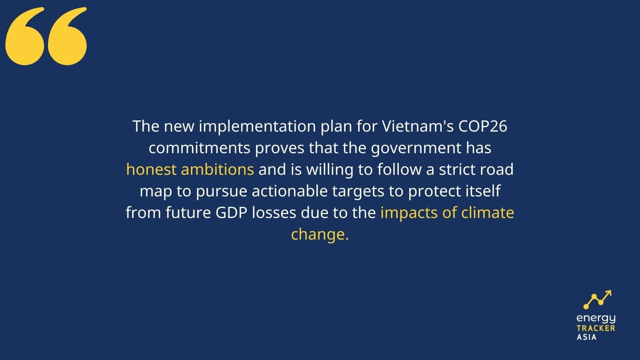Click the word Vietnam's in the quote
418,126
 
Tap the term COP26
483,126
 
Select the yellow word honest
151,169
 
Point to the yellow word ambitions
218,169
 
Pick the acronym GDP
232,212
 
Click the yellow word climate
488,212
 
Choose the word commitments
200,148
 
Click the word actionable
290,191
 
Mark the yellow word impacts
409,213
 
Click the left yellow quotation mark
25,36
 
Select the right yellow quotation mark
67,36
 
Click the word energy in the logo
596,318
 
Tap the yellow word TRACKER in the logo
596,328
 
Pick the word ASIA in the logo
586,337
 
